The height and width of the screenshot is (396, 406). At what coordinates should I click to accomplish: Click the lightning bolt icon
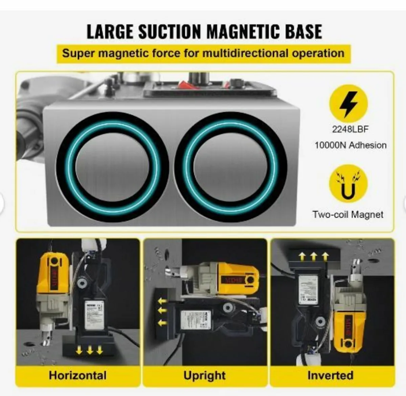point(348,104)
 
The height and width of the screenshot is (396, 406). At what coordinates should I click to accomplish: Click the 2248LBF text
point(350,129)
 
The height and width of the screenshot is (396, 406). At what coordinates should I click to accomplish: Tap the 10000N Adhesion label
point(351,145)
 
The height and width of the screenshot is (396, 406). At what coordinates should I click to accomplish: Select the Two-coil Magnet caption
point(348,214)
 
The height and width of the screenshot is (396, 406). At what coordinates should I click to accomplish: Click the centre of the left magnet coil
point(113,168)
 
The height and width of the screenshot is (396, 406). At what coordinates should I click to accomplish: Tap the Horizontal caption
point(77,375)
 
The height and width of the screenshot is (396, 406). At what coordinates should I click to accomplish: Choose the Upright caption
point(204,375)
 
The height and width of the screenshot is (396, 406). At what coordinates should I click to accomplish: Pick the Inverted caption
point(330,375)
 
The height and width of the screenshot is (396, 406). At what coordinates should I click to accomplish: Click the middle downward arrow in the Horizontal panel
point(89,351)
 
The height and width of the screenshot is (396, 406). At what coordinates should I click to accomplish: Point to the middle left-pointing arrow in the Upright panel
point(162,310)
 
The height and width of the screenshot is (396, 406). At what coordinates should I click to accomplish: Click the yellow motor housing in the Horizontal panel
point(54,274)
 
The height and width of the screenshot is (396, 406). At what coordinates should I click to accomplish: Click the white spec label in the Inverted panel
point(308,289)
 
